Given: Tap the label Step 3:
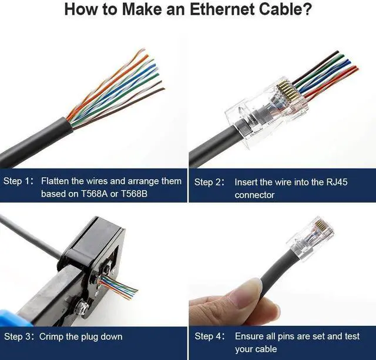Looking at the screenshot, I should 19,337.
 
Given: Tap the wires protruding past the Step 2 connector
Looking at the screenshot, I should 329,76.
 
